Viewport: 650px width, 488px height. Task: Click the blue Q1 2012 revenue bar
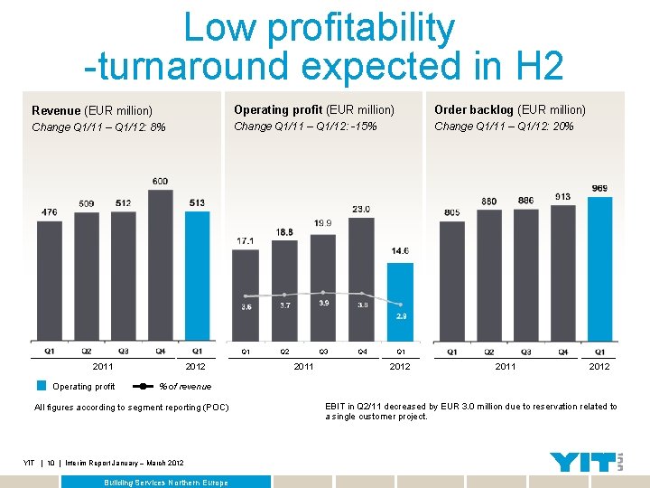click(198, 276)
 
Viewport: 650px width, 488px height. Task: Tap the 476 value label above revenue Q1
click(49, 212)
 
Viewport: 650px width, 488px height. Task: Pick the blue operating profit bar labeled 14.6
click(400, 303)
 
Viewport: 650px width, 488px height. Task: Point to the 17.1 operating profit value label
click(245, 241)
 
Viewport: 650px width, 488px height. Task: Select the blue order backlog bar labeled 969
click(600, 271)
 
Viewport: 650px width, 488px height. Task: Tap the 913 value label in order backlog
click(562, 196)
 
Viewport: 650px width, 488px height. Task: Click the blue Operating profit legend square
click(42, 386)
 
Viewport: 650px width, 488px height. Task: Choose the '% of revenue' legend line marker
click(144, 386)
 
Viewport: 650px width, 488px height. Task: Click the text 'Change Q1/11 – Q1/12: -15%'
click(305, 127)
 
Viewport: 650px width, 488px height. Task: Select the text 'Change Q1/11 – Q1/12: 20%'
click(504, 127)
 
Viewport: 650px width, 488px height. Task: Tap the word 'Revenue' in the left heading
click(55, 110)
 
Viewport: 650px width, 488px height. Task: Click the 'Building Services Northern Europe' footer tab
click(167, 483)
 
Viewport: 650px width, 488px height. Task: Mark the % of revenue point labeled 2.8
click(400, 305)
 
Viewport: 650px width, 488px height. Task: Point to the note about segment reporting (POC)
click(131, 408)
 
